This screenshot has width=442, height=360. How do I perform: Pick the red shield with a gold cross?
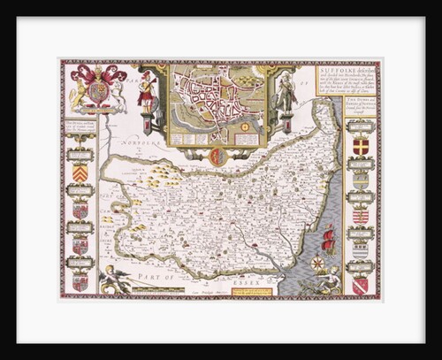tap(360, 145)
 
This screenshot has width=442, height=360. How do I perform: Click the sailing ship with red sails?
tap(328, 239)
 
